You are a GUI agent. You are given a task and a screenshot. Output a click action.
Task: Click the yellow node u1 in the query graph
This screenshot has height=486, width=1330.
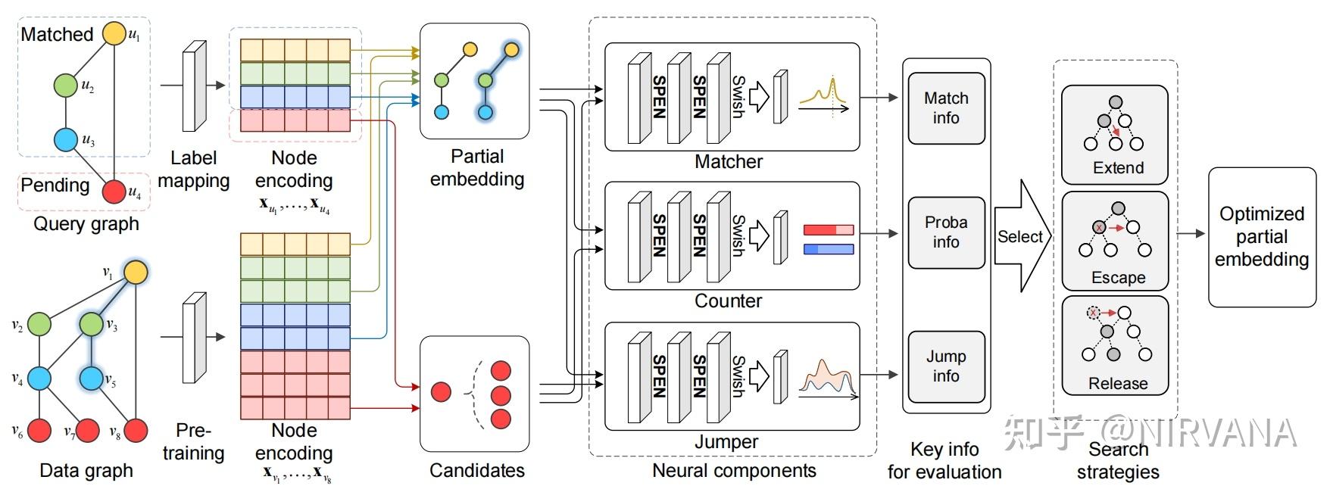114,33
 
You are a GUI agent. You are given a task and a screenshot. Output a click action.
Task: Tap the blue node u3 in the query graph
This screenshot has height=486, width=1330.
66,139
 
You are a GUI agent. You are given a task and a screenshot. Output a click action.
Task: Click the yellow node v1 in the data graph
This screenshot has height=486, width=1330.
136,272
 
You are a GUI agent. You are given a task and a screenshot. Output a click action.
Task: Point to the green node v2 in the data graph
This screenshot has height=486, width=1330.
39,325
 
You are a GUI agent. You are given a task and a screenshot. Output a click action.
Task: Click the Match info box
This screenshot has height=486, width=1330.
946,108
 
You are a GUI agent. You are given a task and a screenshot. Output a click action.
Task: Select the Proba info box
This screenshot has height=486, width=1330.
946,232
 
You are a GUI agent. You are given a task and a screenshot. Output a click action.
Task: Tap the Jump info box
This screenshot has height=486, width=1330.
946,366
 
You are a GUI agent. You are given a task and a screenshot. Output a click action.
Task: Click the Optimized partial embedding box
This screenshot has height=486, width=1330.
1262,237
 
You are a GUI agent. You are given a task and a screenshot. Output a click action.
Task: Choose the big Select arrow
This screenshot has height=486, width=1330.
1022,237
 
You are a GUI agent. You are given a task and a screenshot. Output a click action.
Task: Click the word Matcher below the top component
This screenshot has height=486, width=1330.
728,161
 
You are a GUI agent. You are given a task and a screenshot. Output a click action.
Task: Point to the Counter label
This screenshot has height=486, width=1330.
728,301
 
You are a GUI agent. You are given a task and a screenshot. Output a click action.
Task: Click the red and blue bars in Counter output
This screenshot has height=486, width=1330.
828,239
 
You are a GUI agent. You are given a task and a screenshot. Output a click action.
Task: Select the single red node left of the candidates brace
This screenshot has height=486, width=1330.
441,391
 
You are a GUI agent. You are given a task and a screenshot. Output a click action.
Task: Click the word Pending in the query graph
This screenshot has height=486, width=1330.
55,185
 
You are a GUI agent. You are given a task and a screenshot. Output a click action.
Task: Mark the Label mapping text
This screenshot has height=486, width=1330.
193,170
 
